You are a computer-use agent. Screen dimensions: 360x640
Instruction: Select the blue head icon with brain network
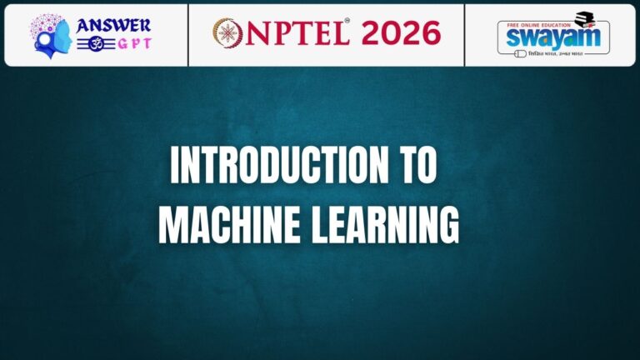point(51,35)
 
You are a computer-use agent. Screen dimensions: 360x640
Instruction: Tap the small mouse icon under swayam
point(522,53)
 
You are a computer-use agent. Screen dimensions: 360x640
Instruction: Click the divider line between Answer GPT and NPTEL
point(188,34)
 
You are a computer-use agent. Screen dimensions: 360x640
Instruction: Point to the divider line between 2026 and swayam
point(465,34)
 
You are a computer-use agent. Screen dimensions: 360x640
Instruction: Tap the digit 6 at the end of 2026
point(430,32)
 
